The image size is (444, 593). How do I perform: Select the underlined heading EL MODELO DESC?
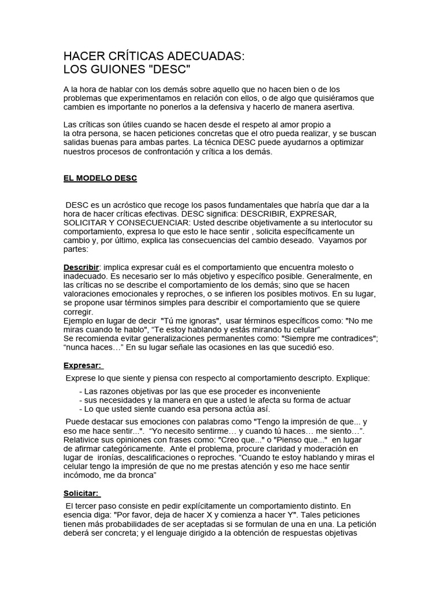tap(100, 178)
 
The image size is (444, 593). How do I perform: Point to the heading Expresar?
tap(82, 366)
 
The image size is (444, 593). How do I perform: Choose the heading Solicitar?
tap(81, 493)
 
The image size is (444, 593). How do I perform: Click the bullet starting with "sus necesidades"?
tap(214, 400)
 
